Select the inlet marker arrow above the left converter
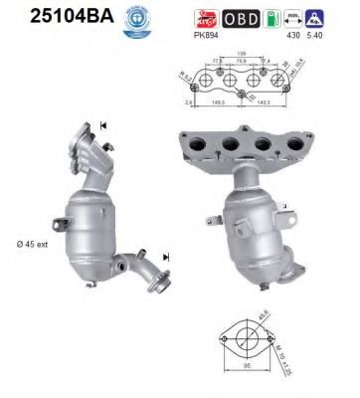(102, 125)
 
